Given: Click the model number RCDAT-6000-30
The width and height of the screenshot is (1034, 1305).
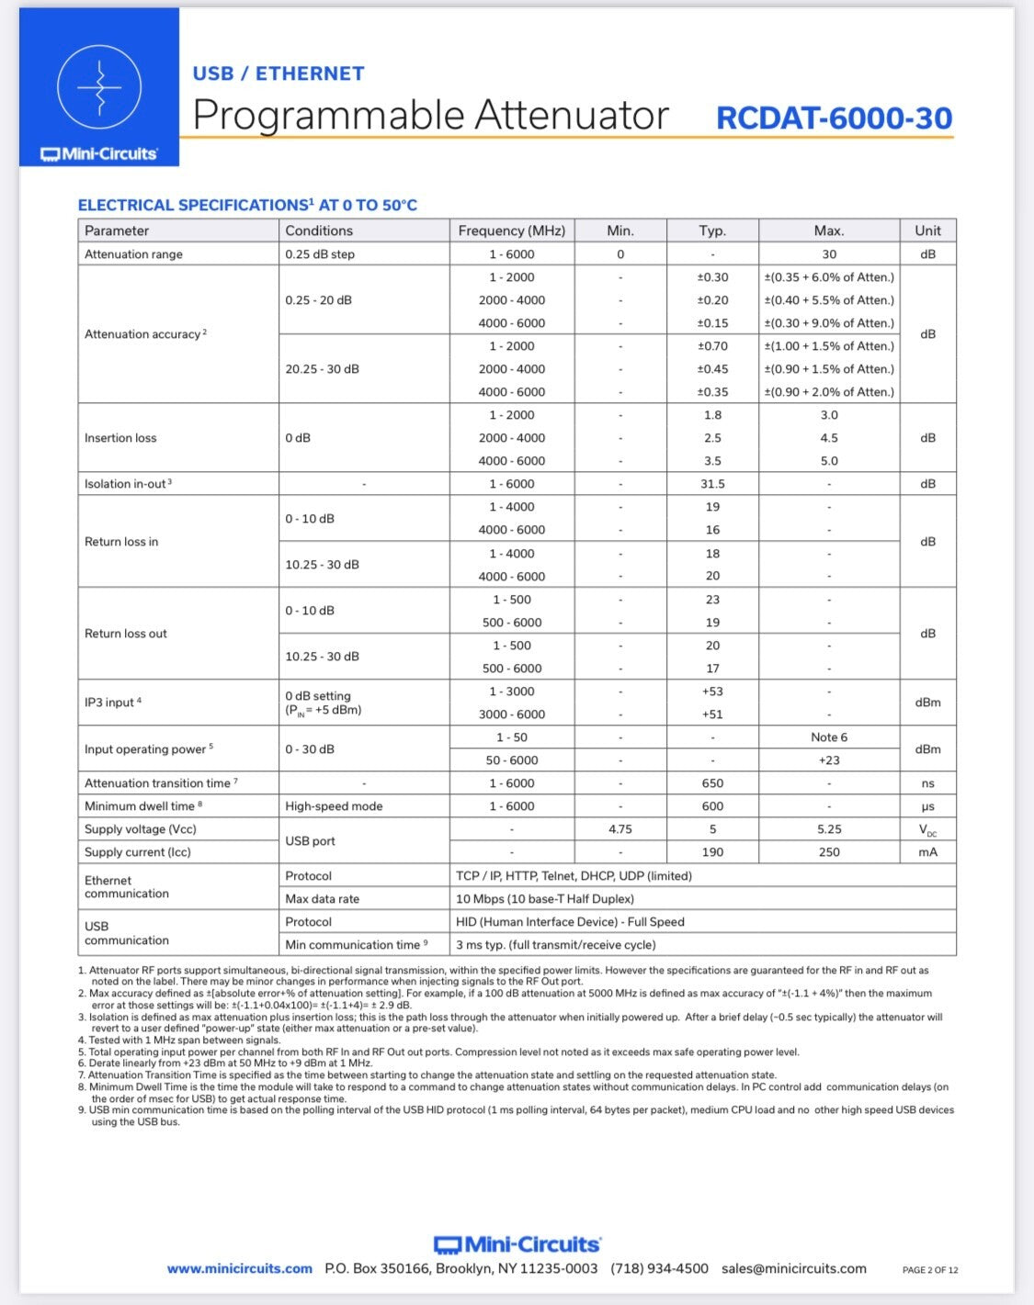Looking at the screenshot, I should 834,118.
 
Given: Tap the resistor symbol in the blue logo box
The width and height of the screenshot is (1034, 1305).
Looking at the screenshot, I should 99,87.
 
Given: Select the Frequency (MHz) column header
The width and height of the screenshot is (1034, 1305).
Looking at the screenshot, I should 511,231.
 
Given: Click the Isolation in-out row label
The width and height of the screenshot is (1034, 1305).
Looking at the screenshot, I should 128,484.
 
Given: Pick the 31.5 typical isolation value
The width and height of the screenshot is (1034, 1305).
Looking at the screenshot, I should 712,484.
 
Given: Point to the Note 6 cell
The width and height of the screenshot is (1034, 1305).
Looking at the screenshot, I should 829,737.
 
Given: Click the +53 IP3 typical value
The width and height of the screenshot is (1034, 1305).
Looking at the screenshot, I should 712,692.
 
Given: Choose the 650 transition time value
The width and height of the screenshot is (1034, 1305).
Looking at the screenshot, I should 712,783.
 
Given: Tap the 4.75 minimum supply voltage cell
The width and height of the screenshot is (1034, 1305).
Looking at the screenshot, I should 620,829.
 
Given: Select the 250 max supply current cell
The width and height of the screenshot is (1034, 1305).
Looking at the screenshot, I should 829,852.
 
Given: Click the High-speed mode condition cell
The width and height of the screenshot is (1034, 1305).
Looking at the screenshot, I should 334,806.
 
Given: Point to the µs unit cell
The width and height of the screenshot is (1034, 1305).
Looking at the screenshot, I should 927,806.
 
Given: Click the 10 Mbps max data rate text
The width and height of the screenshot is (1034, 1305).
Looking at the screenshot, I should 545,899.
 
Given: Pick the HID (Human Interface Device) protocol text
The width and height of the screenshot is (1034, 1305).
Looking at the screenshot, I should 570,922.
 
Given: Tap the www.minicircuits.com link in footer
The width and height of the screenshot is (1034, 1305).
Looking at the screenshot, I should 240,1268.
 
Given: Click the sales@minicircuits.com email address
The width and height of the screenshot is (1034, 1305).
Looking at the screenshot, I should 794,1268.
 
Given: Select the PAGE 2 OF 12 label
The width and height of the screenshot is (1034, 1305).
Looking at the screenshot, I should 930,1270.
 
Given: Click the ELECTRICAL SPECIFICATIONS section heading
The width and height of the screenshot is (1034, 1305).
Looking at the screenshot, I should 247,206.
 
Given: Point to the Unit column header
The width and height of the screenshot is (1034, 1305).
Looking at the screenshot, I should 927,231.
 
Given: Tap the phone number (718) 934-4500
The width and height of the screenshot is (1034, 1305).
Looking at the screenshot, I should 659,1268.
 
